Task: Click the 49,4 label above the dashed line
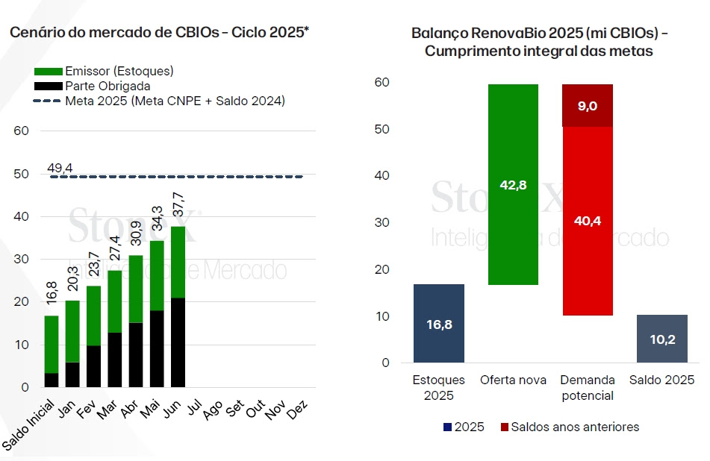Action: click(60, 169)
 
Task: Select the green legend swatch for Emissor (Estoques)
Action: click(48, 72)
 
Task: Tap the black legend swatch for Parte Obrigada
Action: click(48, 86)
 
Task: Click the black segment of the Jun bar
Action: click(178, 342)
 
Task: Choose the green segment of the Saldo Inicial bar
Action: click(51, 344)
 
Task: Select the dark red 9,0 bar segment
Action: click(587, 105)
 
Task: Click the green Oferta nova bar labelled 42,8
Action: click(512, 184)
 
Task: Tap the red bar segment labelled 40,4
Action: click(587, 221)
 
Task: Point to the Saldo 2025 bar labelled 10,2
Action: click(662, 339)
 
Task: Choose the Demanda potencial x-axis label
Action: click(587, 388)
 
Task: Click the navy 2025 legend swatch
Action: click(448, 427)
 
